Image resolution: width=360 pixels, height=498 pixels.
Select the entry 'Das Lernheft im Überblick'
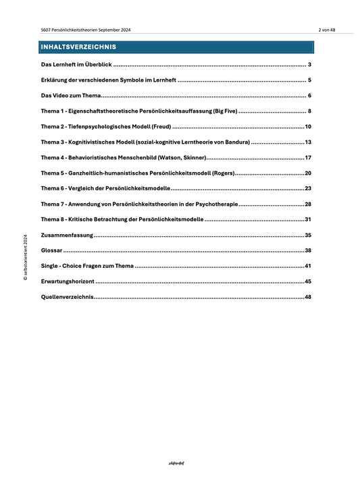(76, 65)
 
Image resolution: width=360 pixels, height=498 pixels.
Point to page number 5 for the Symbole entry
(309, 80)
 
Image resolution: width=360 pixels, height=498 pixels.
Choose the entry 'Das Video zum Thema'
(70, 96)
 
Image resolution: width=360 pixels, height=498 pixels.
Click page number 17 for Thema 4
(307, 158)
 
